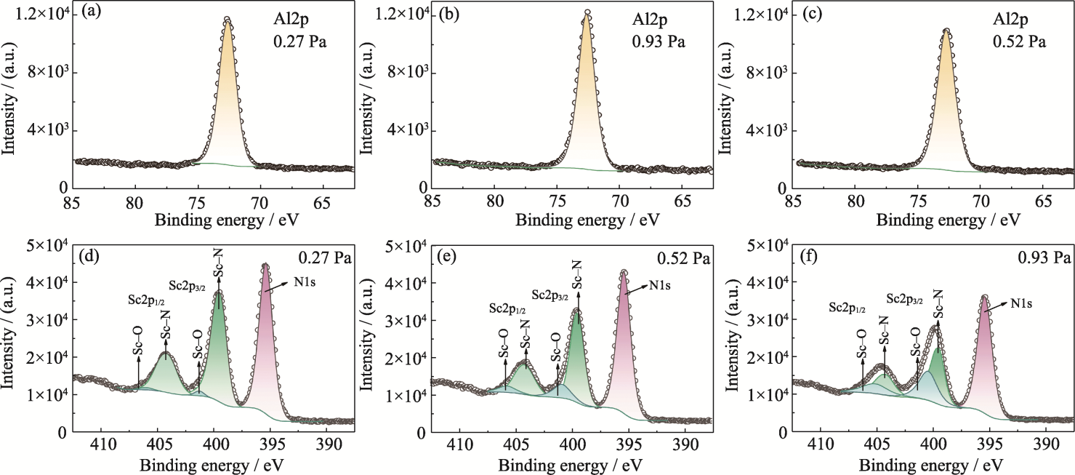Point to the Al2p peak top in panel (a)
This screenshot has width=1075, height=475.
[228, 20]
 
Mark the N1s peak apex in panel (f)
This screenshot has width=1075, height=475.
[985, 297]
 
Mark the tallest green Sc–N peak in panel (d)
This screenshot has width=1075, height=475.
[219, 292]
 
